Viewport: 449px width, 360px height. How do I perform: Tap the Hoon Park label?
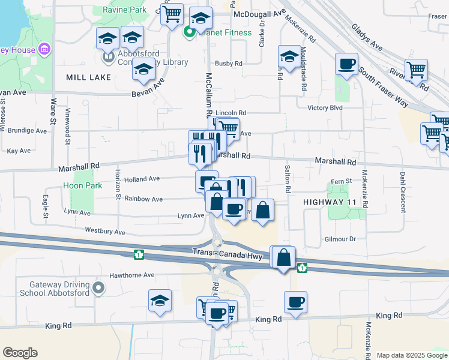tap(82, 186)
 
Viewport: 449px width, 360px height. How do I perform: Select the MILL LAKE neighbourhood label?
tap(88, 77)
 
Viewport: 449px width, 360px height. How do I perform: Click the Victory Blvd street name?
tap(324, 108)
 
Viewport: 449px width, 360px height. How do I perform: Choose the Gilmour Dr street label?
tap(340, 239)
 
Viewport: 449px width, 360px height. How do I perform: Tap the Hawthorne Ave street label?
tap(131, 275)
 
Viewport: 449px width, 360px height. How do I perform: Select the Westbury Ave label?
tap(105, 231)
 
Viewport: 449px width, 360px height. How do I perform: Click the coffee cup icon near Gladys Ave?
tap(346, 64)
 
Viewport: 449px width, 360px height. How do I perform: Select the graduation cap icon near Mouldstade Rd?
tap(289, 57)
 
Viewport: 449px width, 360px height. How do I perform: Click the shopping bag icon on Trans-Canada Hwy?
tap(284, 257)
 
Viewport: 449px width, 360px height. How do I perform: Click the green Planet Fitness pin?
tap(190, 32)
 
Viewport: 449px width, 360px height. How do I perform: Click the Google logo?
tap(20, 353)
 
